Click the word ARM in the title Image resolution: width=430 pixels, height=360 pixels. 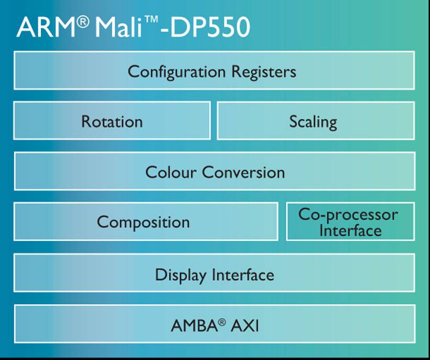click(46, 27)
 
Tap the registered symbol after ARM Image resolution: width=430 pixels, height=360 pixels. click(83, 22)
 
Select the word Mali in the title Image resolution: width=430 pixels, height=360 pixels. click(119, 27)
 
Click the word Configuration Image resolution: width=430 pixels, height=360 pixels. click(177, 72)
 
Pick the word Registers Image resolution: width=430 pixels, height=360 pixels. click(264, 71)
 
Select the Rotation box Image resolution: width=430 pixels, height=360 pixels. click(112, 121)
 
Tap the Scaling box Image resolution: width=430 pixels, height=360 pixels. click(316, 121)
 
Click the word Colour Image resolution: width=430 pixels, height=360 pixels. click(171, 172)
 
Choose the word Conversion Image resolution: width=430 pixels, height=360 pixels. click(243, 172)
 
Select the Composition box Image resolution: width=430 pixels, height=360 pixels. click(146, 222)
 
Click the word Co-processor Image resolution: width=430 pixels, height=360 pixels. click(348, 215)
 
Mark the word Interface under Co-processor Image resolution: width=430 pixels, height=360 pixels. click(350, 231)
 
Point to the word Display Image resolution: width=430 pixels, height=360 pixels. click(181, 275)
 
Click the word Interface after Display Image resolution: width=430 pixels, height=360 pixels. click(243, 275)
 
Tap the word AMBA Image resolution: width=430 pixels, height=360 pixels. click(194, 326)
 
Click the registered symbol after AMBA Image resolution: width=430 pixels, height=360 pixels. click(222, 322)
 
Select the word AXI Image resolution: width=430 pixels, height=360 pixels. click(245, 326)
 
